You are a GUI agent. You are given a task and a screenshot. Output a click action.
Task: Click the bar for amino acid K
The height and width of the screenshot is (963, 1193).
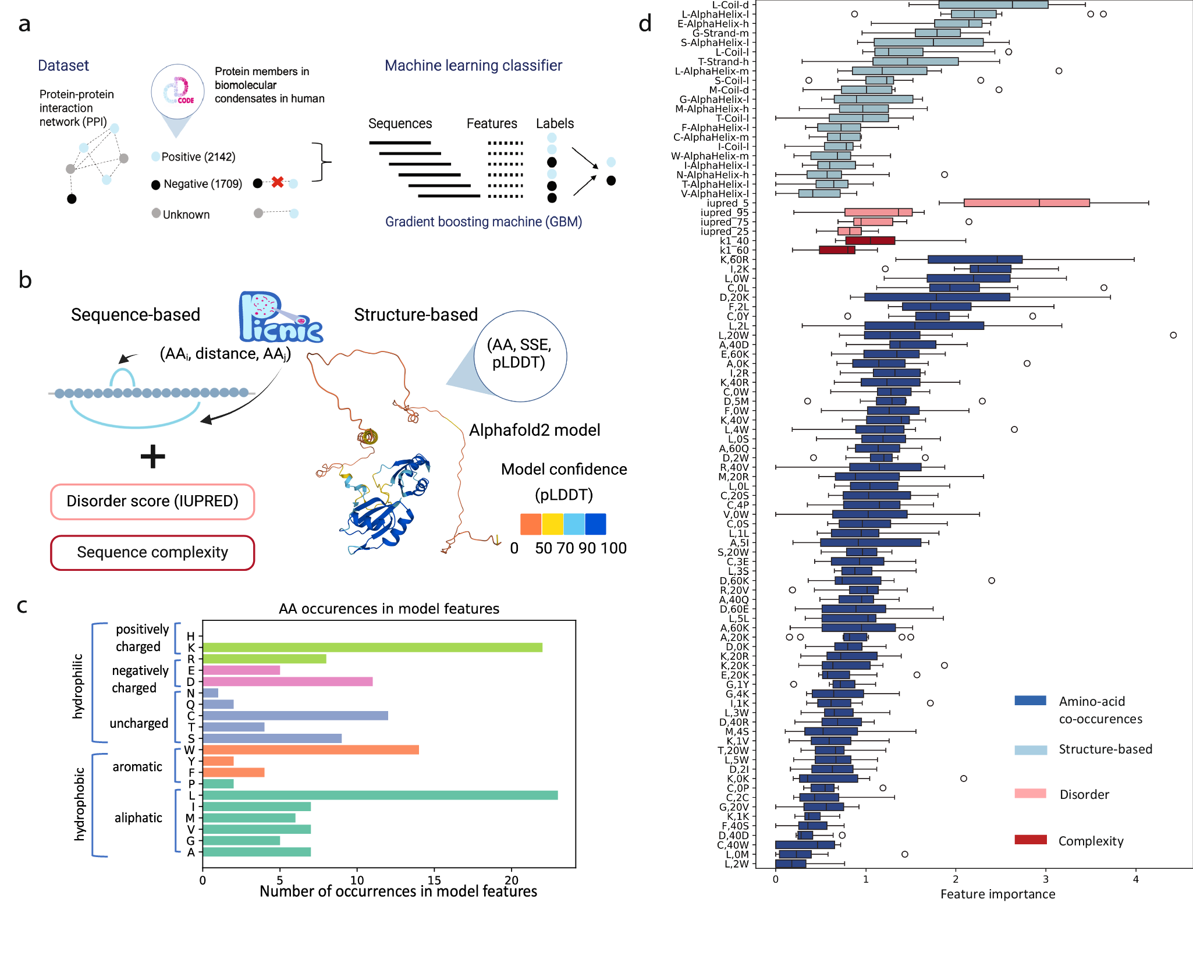(x=372, y=648)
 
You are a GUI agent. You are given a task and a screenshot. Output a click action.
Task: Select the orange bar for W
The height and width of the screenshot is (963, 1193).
(x=311, y=750)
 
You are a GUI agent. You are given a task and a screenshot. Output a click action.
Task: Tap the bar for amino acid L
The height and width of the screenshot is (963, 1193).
(x=380, y=795)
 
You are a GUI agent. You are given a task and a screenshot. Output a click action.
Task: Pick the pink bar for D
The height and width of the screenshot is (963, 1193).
(x=287, y=681)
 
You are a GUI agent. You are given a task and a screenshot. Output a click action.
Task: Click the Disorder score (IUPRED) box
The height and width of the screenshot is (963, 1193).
(x=152, y=502)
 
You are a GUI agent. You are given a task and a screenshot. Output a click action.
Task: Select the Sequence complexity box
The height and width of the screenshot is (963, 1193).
(x=152, y=553)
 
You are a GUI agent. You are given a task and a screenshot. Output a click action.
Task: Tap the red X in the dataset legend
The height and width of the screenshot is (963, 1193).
(x=278, y=182)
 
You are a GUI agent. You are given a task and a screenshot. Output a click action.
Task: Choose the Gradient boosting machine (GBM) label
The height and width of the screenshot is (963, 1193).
(x=484, y=222)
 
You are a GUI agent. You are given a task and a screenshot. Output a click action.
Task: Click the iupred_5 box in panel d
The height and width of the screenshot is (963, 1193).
(x=1027, y=203)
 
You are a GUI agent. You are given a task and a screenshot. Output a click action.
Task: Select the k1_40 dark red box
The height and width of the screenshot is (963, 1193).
(x=870, y=241)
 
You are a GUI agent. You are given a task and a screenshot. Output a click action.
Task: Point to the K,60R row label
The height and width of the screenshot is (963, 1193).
(x=734, y=260)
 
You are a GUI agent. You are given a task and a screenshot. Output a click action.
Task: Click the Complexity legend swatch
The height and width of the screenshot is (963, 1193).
(x=1030, y=840)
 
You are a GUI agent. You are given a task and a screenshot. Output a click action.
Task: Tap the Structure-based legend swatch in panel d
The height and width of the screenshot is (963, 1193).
(x=1030, y=750)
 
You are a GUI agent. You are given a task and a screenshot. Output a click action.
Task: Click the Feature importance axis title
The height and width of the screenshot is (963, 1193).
(x=997, y=894)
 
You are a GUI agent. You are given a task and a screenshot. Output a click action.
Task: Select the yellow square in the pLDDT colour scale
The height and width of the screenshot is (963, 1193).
(x=552, y=524)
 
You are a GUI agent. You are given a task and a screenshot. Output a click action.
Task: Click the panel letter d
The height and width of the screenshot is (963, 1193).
(x=645, y=24)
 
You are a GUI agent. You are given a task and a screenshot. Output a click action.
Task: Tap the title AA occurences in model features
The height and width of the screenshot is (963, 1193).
(x=389, y=609)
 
